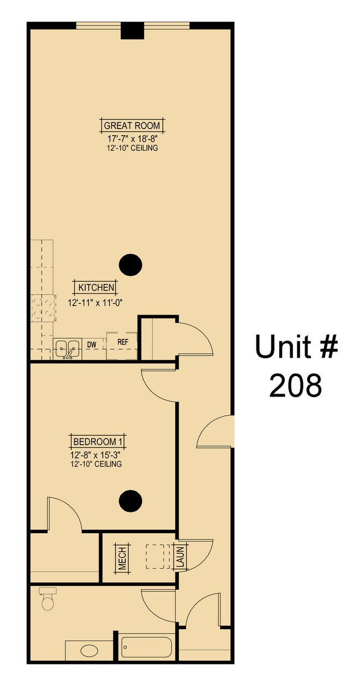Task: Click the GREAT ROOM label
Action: pos(132,126)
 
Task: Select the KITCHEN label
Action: pos(96,287)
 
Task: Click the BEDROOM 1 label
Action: pos(98,441)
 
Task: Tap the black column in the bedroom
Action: pos(131,501)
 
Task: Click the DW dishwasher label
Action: pos(92,345)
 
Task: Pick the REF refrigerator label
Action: pos(122,342)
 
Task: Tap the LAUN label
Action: pos(179,557)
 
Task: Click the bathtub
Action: pos(147,647)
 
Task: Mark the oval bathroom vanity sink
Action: pos(88,650)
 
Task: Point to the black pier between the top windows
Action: pos(132,31)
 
